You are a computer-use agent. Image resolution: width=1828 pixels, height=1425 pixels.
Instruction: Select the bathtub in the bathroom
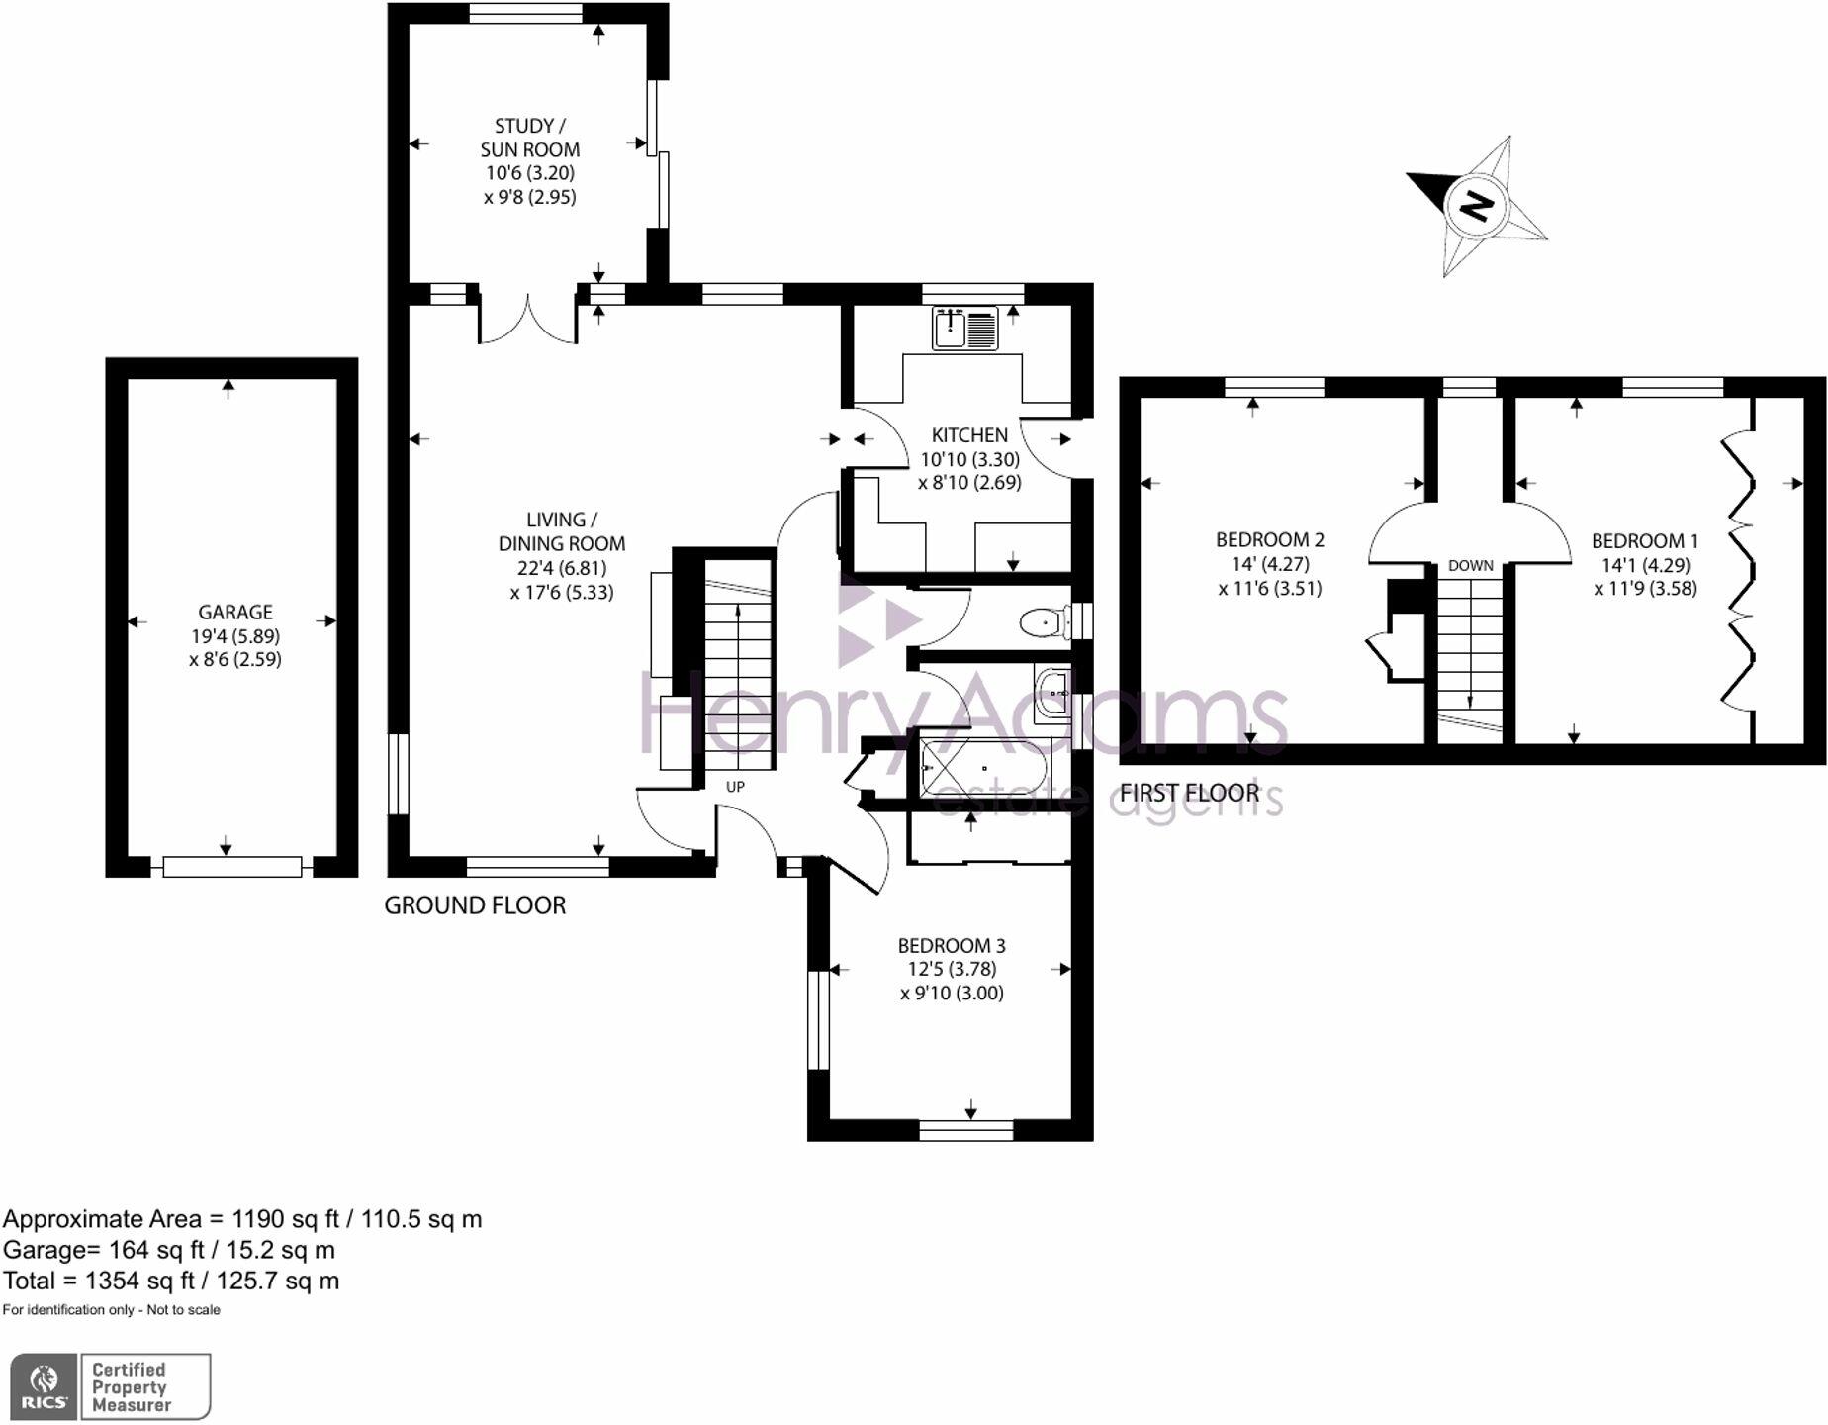tap(981, 769)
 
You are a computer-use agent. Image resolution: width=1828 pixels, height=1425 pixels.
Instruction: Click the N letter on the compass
tap(1476, 206)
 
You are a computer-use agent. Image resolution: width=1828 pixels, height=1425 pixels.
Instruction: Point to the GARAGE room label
tap(234, 612)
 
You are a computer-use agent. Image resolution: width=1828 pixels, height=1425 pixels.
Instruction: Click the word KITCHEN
tap(969, 434)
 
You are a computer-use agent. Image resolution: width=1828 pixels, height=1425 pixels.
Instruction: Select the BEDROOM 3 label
tap(951, 945)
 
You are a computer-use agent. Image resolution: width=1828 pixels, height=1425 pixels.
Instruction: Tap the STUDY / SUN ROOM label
tap(529, 138)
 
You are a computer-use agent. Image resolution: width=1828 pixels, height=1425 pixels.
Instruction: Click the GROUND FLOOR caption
tap(475, 905)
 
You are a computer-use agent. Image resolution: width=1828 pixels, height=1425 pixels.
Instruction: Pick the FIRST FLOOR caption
tap(1189, 793)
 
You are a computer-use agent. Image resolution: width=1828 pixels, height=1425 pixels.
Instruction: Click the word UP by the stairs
tap(735, 787)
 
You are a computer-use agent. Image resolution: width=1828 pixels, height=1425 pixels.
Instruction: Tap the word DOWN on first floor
tap(1470, 566)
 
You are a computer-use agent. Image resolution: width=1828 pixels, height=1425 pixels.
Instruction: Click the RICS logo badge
tap(44, 1386)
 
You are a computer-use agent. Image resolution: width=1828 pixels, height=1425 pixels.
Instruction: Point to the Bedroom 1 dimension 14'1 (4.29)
tap(1645, 565)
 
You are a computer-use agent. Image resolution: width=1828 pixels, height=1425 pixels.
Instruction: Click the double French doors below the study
tap(528, 319)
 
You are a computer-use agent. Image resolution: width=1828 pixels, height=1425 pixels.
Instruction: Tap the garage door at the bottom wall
tap(232, 867)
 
